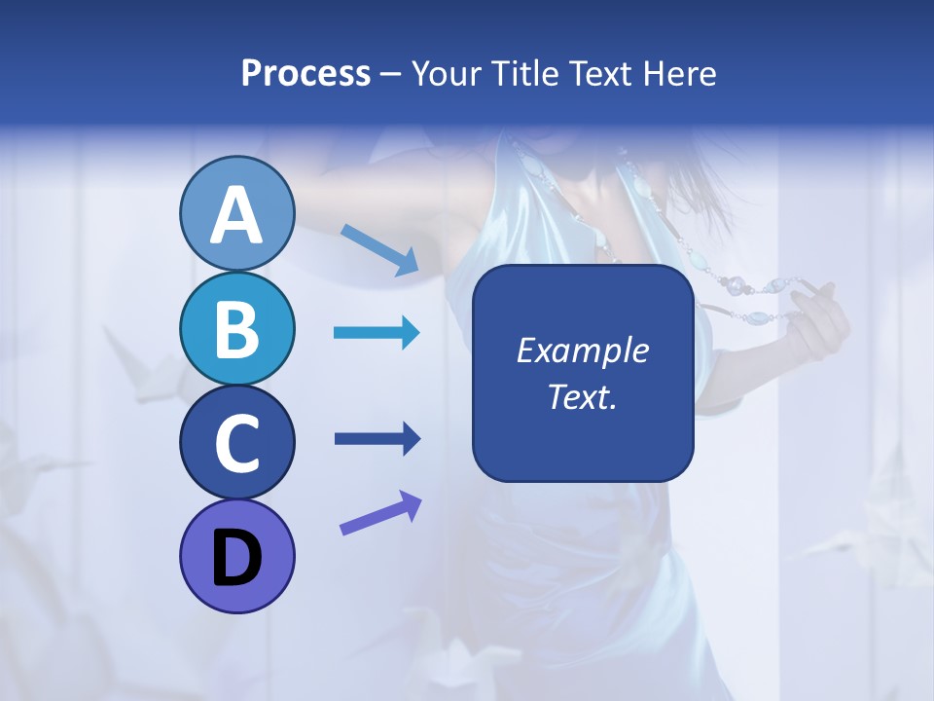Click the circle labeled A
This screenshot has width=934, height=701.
click(237, 214)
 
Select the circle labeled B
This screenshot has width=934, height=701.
click(237, 328)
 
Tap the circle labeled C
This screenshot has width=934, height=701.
click(237, 442)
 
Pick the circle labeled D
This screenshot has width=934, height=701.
click(237, 556)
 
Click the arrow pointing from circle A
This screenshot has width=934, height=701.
click(379, 249)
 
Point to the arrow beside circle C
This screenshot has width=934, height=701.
click(377, 438)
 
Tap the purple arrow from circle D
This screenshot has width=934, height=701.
click(380, 513)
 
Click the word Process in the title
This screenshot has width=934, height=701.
click(305, 73)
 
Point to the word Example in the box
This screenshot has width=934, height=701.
click(582, 350)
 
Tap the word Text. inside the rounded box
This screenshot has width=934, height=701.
click(582, 396)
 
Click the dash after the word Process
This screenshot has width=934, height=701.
click(391, 75)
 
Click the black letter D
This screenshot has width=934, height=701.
click(237, 560)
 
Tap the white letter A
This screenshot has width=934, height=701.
click(237, 216)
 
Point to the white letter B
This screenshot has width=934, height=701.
click(237, 329)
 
